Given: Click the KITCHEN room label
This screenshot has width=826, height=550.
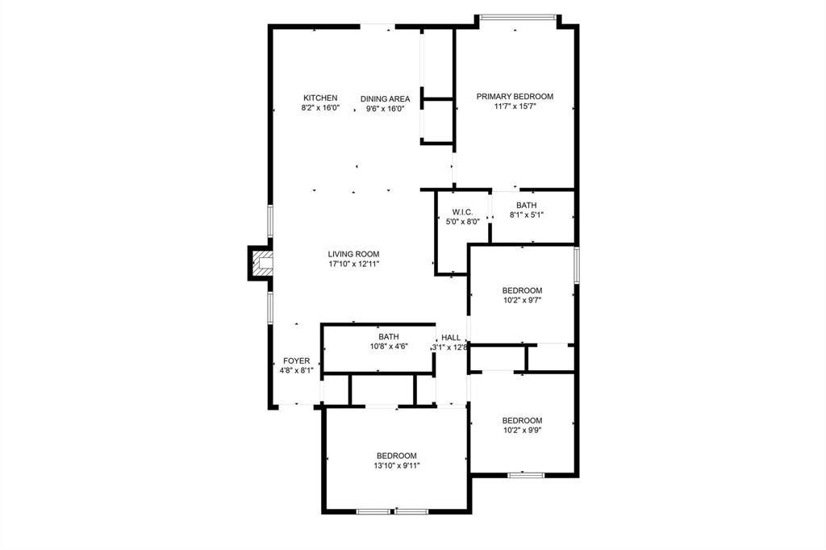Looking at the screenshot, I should click(x=320, y=98).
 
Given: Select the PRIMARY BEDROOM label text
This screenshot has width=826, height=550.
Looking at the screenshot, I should click(x=515, y=96).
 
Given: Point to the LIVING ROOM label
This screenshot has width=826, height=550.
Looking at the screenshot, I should click(x=353, y=253).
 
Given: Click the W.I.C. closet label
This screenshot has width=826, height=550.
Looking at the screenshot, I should click(x=451, y=211).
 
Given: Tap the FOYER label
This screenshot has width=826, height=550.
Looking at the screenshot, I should click(x=296, y=360).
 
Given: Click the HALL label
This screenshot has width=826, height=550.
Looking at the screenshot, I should click(x=451, y=338).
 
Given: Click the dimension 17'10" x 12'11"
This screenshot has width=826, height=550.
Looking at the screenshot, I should click(x=353, y=264).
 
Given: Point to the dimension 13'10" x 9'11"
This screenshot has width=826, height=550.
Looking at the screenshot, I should click(x=396, y=465).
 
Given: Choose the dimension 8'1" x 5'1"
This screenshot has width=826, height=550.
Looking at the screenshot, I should click(x=527, y=215).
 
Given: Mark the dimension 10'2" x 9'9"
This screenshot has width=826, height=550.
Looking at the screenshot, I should click(x=522, y=430).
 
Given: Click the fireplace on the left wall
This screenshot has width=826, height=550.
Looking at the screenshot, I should click(x=261, y=263).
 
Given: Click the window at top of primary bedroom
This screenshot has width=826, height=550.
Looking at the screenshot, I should click(x=516, y=17).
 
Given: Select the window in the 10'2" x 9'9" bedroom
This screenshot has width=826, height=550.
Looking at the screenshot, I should click(x=522, y=475).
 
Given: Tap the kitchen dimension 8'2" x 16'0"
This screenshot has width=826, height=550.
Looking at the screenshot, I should click(x=320, y=108).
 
